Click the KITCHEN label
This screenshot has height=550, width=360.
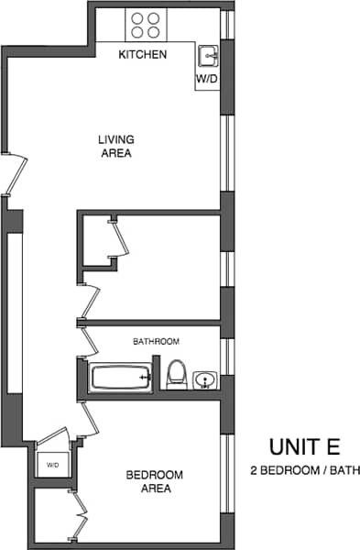143,55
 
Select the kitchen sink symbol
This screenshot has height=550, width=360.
209,57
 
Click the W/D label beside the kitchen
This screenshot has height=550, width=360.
206,80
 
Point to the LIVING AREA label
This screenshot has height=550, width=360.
116,147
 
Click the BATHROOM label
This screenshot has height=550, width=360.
156,342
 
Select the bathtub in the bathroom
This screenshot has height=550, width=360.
119,377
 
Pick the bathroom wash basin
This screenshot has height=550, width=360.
204,378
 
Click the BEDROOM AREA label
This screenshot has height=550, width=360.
154,481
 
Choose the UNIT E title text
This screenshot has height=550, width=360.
304,447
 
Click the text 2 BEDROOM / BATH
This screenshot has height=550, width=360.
305,471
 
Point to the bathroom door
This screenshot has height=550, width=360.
90,340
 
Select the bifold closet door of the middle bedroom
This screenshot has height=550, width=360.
119,239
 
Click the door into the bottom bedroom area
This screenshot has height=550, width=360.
89,419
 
